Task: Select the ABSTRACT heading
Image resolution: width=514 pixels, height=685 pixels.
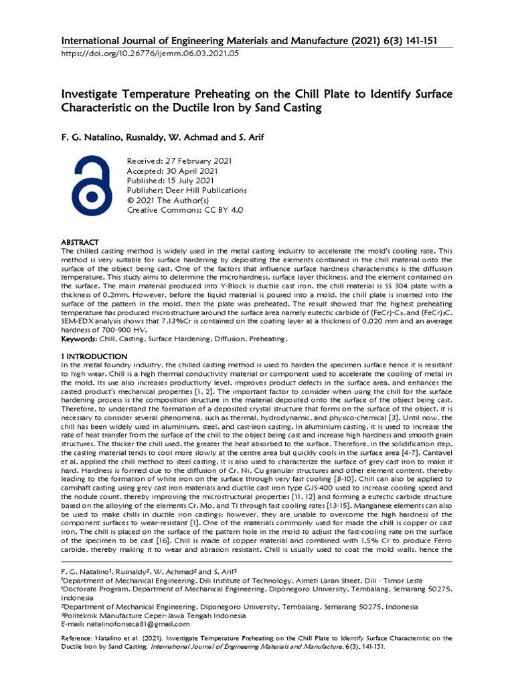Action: [x=80, y=242]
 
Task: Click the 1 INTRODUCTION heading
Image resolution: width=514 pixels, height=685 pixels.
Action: [x=94, y=356]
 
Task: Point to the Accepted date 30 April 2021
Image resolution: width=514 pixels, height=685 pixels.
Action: [x=171, y=171]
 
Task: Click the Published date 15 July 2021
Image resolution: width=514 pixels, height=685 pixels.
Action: [x=171, y=181]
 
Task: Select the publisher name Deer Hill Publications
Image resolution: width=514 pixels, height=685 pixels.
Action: [x=187, y=190]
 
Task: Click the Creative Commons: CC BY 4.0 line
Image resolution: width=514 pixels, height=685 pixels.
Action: [x=185, y=209]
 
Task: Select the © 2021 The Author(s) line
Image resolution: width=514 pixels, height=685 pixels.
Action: [x=168, y=200]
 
